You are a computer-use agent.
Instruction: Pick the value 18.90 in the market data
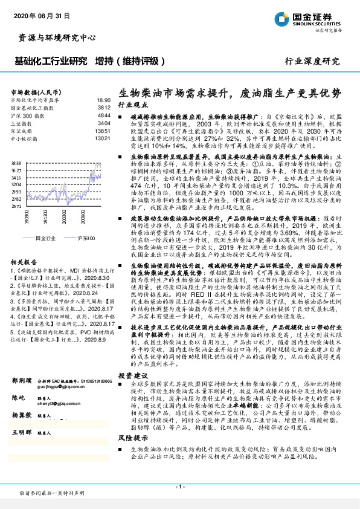[103, 100]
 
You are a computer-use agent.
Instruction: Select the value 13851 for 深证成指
[103, 131]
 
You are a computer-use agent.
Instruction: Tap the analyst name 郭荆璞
[22, 381]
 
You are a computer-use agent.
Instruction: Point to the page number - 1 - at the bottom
[179, 487]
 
